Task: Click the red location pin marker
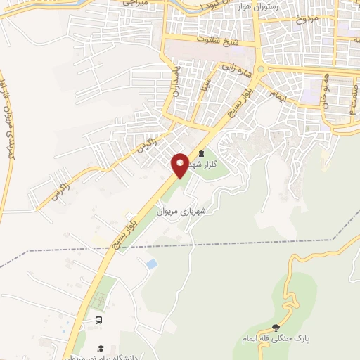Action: click(x=181, y=165)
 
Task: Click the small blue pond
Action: click(x=151, y=264)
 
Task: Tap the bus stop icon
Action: click(x=98, y=320)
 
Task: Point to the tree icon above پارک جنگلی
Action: click(x=276, y=328)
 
